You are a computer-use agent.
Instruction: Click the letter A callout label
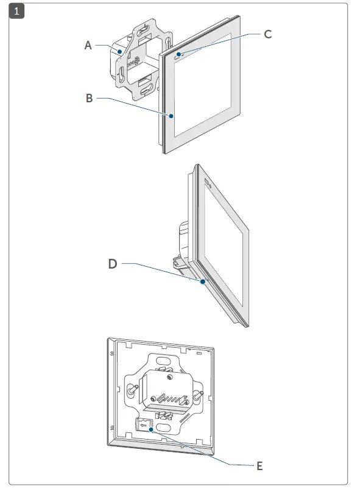pyautogui.click(x=88, y=44)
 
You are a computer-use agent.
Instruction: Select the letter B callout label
pyautogui.click(x=89, y=98)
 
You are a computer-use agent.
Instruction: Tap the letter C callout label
pyautogui.click(x=267, y=34)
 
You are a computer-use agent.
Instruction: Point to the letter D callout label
pyautogui.click(x=112, y=264)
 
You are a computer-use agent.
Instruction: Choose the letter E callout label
pyautogui.click(x=259, y=466)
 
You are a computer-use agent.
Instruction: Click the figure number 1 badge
pyautogui.click(x=16, y=11)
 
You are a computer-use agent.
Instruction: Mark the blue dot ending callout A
pyautogui.click(x=121, y=52)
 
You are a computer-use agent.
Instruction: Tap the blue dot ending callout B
pyautogui.click(x=172, y=116)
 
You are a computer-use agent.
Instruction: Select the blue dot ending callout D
pyautogui.click(x=203, y=282)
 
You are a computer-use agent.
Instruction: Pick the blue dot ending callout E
pyautogui.click(x=151, y=429)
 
